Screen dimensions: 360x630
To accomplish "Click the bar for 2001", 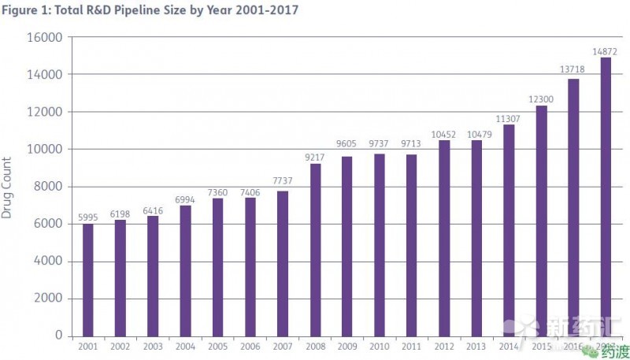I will pos(87,279).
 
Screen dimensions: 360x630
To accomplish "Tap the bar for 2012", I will pos(444,237).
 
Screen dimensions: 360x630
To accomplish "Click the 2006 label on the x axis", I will pos(250,346).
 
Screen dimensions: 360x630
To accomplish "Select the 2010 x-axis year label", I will pos(380,346).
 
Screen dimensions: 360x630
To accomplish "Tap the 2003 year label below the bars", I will pos(153,346).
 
